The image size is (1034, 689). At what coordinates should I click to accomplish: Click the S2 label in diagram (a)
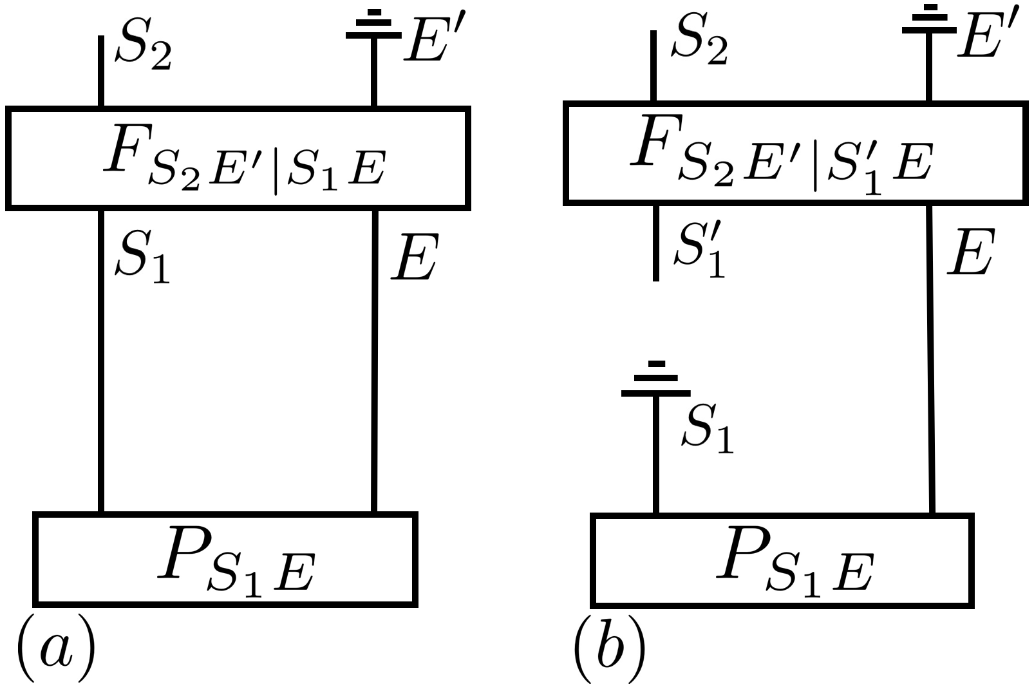click(x=143, y=50)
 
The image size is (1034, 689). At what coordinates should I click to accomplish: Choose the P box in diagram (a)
click(x=225, y=559)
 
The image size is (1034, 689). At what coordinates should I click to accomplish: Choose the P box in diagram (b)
click(x=782, y=560)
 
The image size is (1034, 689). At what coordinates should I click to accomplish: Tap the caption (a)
click(x=55, y=649)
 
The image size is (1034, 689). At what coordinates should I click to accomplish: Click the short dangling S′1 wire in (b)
click(x=655, y=243)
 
